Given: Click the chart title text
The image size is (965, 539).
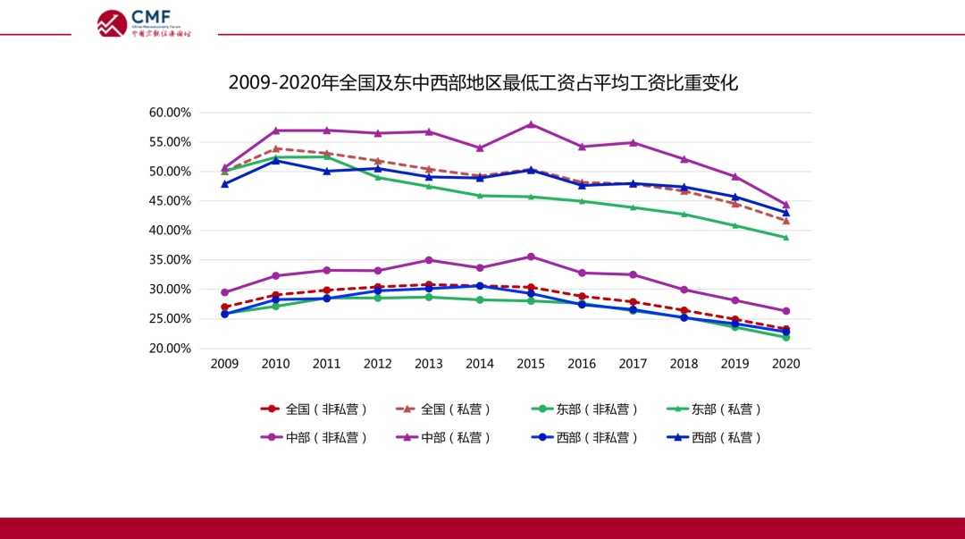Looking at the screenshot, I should (482, 83).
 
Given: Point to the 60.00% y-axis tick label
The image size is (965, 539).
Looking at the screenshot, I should (170, 113).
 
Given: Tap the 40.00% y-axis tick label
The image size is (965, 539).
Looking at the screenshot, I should (170, 231).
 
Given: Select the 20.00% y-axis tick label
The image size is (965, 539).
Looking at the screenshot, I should (170, 349).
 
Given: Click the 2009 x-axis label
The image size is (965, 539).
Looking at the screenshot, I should (224, 364).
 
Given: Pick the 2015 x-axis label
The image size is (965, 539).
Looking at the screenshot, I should (531, 364).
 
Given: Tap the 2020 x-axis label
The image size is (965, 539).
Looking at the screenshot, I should (786, 364).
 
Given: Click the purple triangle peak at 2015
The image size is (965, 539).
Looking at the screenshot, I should (531, 124).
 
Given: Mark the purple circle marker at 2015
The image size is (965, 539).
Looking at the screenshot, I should (531, 257).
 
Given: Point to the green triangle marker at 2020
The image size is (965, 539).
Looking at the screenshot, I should (786, 238).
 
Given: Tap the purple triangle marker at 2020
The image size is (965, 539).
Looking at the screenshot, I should (786, 205).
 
